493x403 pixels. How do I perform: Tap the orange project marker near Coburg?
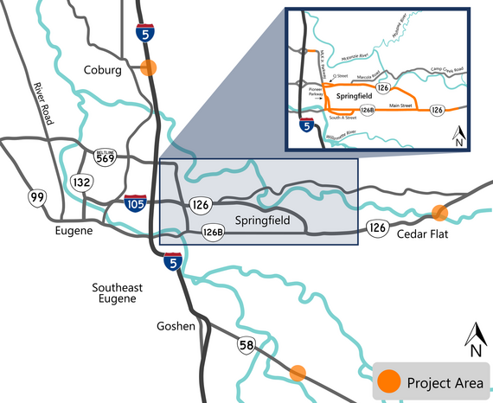tap(149, 68)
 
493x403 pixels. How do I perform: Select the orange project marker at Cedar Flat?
tap(439, 212)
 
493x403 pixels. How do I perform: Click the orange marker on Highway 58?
tap(298, 374)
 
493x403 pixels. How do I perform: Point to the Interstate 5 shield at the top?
tap(146, 33)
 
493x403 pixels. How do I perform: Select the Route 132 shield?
tap(82, 182)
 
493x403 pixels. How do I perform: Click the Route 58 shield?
tap(246, 347)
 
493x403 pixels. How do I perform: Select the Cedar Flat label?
tap(424, 234)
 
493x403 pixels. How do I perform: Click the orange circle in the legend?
tap(389, 381)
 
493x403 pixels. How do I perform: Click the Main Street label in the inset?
tap(400, 105)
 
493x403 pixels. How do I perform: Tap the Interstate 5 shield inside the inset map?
tap(307, 126)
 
